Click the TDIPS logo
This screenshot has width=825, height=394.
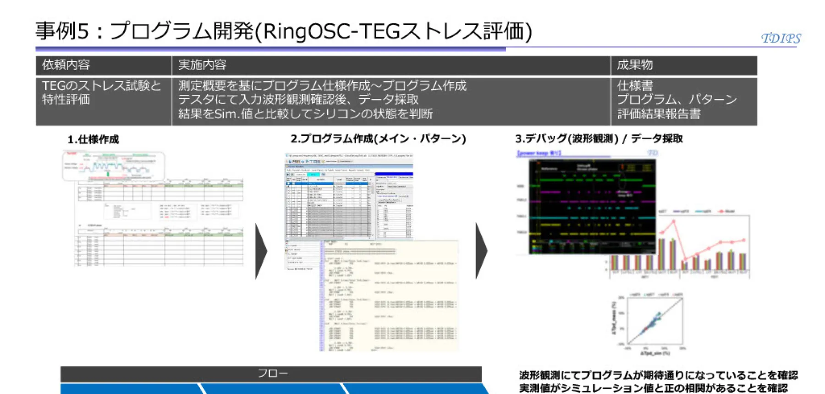(781, 38)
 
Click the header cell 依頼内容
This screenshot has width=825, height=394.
(66, 65)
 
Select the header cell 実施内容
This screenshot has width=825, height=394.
(202, 65)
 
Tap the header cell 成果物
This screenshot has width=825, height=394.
(634, 65)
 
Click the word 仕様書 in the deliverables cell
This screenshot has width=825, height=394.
(635, 86)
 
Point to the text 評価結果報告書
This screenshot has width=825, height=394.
(659, 114)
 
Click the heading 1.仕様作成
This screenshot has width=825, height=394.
(93, 139)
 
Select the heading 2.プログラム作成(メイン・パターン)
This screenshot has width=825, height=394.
(378, 139)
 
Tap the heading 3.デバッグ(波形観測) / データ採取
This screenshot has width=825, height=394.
(599, 139)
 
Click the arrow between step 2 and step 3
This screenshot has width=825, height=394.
(481, 251)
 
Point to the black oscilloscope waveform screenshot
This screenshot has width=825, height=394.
(592, 206)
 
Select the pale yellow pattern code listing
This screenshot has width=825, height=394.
(390, 295)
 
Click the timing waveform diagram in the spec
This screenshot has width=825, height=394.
(113, 166)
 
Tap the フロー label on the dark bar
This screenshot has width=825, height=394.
(272, 373)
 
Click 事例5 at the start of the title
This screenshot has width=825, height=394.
(62, 31)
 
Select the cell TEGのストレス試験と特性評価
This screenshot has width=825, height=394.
(101, 93)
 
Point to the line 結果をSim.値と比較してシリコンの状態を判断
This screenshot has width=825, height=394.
(305, 114)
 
